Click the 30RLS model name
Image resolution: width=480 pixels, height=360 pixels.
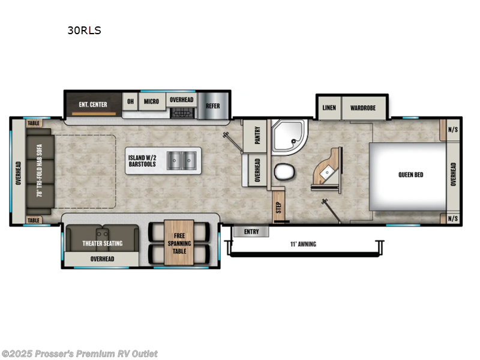(84, 31)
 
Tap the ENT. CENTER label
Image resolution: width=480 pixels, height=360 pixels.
(93, 104)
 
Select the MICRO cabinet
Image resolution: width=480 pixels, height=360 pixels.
(151, 101)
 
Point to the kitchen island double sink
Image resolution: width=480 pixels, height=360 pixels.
(181, 160)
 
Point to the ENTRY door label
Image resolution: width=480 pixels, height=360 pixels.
(251, 231)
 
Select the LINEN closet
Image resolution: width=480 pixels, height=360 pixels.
(329, 108)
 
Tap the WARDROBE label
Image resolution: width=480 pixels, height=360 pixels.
(364, 108)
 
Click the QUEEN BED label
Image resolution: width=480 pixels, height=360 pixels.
(410, 175)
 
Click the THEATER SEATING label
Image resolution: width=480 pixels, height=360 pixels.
(102, 243)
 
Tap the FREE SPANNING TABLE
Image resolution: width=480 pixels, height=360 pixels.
(179, 242)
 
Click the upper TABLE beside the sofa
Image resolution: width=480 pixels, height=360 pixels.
(34, 123)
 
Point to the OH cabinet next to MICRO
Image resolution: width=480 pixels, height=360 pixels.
(130, 101)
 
